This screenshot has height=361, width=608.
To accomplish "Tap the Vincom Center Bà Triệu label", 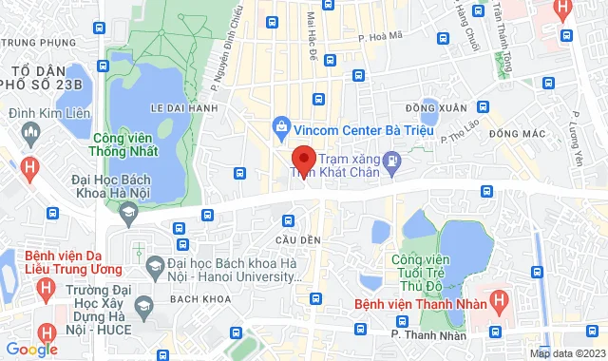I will point(354,127).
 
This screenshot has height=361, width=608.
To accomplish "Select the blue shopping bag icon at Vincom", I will point(281,126).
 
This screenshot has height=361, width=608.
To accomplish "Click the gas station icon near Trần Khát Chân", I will point(390,166).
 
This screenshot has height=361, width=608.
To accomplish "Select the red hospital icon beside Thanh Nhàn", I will point(500,305).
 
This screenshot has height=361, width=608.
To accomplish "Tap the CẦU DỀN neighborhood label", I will point(293,238).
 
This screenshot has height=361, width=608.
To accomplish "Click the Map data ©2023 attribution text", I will point(567,353).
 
